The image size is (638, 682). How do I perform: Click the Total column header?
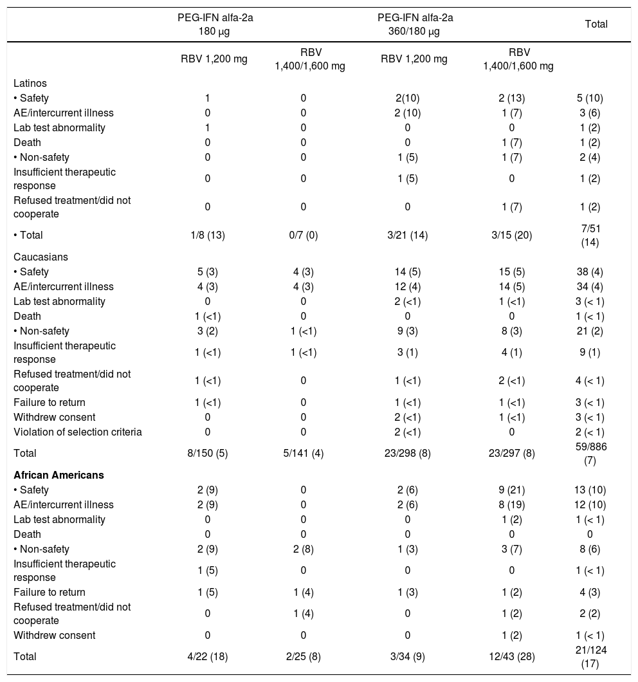(x=596, y=24)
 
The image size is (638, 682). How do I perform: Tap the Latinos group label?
(x=30, y=84)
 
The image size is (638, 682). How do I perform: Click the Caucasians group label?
(x=41, y=257)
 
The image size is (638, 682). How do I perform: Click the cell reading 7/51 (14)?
(x=590, y=235)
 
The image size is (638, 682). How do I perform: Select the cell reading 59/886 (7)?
(x=590, y=452)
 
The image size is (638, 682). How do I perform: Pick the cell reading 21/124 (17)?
(x=590, y=656)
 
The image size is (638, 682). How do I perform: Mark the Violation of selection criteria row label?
(x=78, y=432)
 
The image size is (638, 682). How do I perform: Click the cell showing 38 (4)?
(x=590, y=272)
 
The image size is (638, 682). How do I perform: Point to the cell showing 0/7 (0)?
(x=303, y=235)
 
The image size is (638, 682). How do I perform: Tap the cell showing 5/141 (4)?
(x=303, y=452)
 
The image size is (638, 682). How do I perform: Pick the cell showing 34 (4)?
(x=590, y=286)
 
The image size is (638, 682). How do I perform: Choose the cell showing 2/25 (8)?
(x=303, y=656)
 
